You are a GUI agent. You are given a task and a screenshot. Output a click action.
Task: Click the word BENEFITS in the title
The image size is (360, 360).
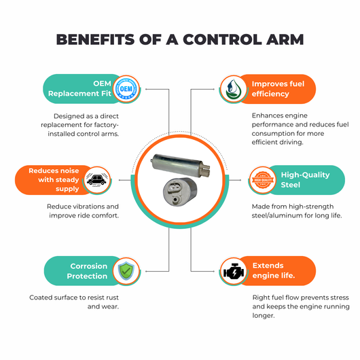tap(95, 39)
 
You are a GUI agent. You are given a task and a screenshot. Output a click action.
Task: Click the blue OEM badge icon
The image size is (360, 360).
tap(126, 89)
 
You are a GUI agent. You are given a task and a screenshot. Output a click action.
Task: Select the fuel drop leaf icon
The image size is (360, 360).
tap(233, 89)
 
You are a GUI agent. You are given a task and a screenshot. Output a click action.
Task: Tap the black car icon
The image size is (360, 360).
tap(96, 180)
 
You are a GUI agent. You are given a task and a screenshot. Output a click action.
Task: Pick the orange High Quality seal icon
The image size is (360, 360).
tap(263, 180)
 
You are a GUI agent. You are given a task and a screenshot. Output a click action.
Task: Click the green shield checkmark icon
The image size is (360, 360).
tap(126, 271)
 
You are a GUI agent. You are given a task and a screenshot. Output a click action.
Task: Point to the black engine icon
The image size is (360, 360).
tap(234, 272)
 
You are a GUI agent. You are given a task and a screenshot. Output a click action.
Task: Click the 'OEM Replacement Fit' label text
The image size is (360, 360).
tap(79, 88)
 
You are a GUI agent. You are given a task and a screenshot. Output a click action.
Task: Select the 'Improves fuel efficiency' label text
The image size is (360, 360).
tap(278, 89)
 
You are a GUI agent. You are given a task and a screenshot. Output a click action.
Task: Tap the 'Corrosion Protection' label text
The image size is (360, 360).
tap(87, 271)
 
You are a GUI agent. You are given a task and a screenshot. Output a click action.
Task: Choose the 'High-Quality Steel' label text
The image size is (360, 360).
tap(305, 180)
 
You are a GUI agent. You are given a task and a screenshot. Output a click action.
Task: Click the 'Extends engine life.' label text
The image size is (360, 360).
tap(274, 270)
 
